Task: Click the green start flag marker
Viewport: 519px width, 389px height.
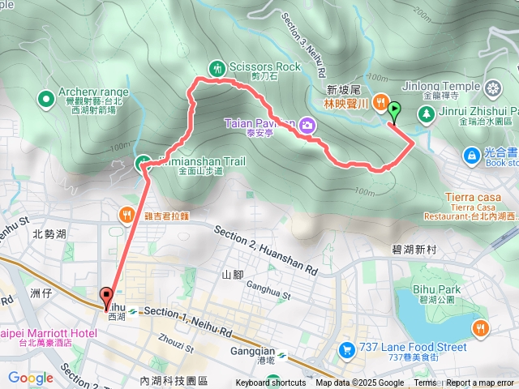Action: coord(394,111)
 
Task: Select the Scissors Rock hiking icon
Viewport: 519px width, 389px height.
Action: coord(217,68)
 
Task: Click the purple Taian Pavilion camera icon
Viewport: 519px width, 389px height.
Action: coord(307,124)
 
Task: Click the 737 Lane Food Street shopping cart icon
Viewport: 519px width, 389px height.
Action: coord(346,350)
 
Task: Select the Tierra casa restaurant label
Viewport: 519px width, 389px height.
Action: coord(475,197)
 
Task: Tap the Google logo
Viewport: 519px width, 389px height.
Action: coord(30,378)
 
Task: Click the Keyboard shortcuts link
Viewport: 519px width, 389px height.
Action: coord(271,383)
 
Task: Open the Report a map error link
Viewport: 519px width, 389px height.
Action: coord(481,383)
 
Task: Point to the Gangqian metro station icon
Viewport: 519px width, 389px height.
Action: coord(281,355)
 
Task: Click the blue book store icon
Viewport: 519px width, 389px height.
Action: coord(471,154)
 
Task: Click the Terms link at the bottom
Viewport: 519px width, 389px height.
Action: coord(425,383)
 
